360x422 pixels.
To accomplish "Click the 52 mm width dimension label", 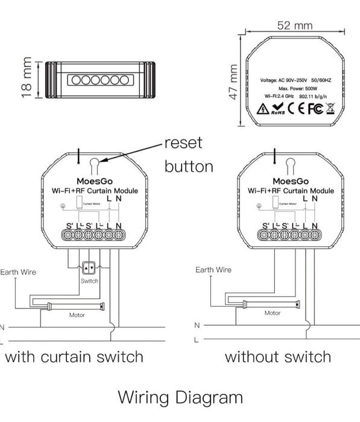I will click(x=295, y=25).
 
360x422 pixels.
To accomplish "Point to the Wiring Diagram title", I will click(x=180, y=398).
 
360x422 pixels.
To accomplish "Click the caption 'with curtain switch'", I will click(x=74, y=356).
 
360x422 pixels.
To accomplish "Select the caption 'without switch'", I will click(x=278, y=356).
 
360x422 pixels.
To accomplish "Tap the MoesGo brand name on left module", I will click(x=92, y=180).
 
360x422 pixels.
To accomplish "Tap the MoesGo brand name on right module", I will click(x=290, y=180).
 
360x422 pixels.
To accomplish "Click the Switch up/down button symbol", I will click(x=89, y=268).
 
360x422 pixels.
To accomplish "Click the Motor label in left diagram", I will click(x=77, y=315).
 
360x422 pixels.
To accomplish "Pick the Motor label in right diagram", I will click(x=272, y=313).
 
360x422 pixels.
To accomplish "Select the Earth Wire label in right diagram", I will click(x=213, y=270).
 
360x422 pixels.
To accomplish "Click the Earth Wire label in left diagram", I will click(x=17, y=272).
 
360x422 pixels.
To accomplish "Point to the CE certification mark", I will click(x=295, y=109).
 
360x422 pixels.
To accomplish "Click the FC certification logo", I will click(x=315, y=109).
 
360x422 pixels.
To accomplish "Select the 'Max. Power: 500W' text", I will click(x=295, y=88).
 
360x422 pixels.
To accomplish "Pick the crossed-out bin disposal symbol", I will click(x=329, y=109).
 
